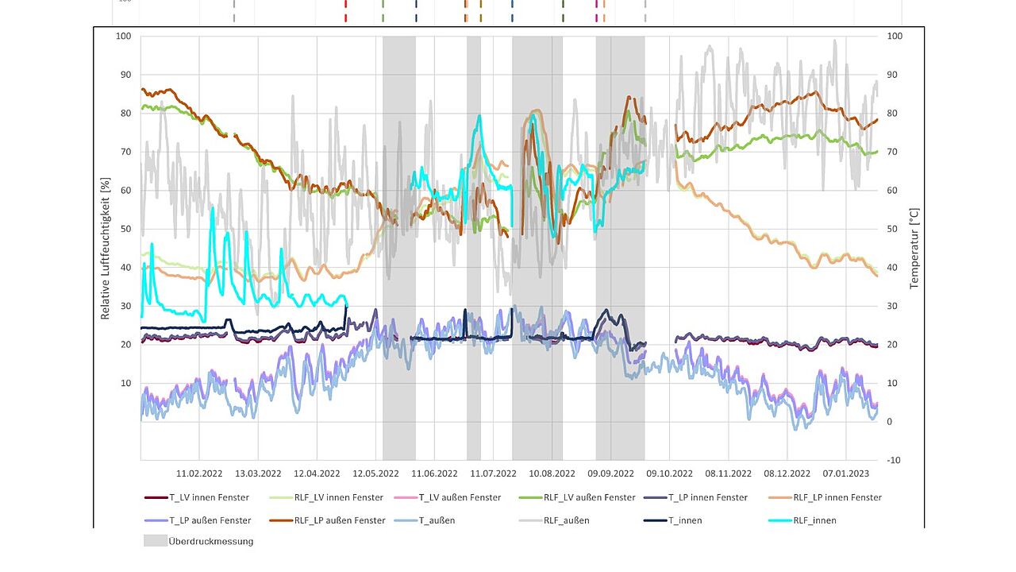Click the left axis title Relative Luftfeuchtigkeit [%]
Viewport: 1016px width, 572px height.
(x=106, y=248)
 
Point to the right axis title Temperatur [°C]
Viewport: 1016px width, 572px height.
(x=914, y=248)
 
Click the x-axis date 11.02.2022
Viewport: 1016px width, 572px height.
(x=199, y=473)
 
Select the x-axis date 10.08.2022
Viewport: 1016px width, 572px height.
(x=552, y=473)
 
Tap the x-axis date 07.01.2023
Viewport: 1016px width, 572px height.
(x=846, y=473)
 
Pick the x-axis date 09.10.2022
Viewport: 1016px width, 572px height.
(x=670, y=473)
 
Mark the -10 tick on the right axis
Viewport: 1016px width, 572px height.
(x=895, y=461)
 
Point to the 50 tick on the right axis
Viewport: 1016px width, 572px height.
(x=894, y=229)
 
